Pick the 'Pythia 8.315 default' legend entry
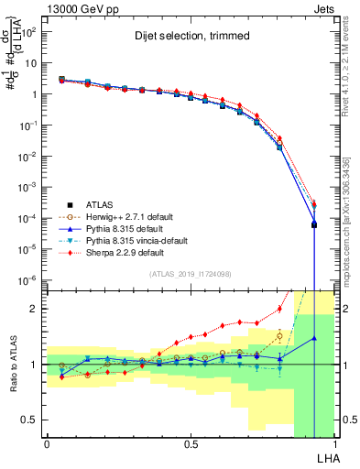(125, 228)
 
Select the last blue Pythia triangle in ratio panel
(314, 338)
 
